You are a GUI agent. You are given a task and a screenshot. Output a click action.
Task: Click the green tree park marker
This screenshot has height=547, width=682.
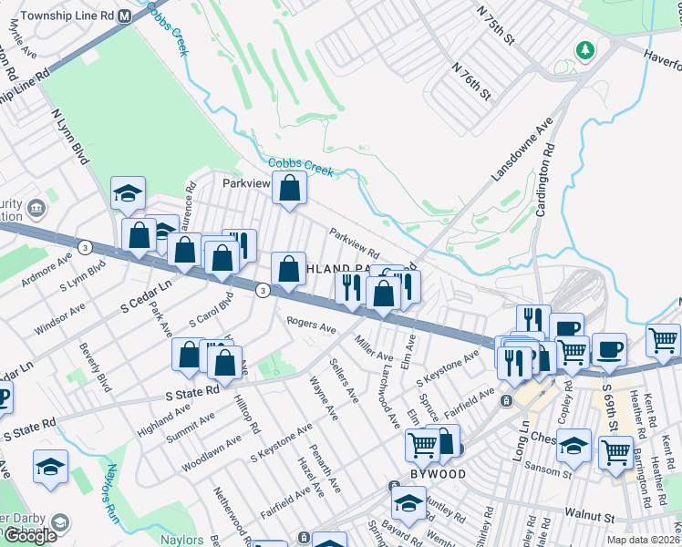pyautogui.click(x=584, y=49)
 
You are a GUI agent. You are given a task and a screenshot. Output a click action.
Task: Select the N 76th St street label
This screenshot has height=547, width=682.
pyautogui.click(x=471, y=81)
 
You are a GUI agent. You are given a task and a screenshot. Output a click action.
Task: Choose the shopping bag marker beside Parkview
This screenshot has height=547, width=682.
pyautogui.click(x=289, y=190)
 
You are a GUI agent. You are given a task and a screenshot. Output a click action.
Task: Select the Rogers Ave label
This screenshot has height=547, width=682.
pyautogui.click(x=311, y=325)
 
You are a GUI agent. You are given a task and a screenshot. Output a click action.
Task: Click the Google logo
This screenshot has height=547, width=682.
pyautogui.click(x=29, y=535)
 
